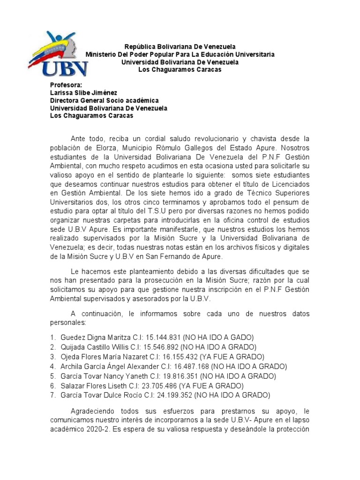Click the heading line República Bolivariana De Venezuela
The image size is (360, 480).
pos(180,46)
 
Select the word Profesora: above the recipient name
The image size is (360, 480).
pos(66,85)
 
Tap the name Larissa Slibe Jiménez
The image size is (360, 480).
pos(83,93)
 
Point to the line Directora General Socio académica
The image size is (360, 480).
pos(104,100)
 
